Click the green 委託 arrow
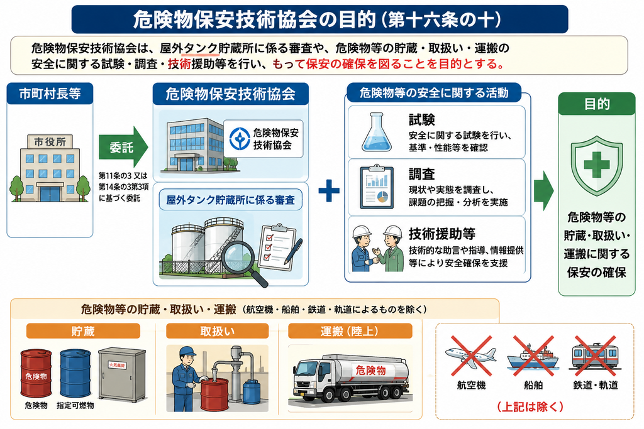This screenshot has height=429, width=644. tap(123, 146)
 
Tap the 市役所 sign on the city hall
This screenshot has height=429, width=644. tap(50, 142)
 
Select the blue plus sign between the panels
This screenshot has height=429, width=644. tap(329, 190)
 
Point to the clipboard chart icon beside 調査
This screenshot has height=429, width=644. tap(377, 187)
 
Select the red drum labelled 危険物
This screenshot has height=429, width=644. tap(36, 373)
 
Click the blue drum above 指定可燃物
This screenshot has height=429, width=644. tap(75, 373)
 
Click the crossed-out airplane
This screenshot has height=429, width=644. tap(471, 356)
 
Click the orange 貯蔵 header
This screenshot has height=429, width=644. tap(83, 331)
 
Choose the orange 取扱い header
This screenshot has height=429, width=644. tap(217, 331)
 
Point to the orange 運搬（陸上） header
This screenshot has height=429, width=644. tap(350, 331)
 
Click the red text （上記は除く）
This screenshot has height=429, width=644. tap(531, 407)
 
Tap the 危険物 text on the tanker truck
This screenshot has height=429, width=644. tap(370, 371)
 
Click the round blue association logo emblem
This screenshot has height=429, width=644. tap(240, 139)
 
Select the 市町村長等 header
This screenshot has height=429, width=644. tap(50, 94)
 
